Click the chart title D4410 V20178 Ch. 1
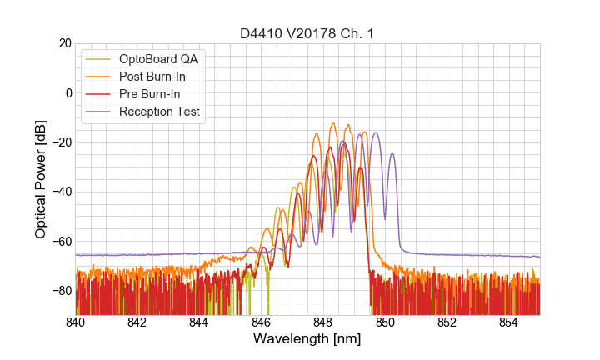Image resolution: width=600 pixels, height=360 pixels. point(307,33)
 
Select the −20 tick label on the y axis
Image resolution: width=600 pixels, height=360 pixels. point(60,142)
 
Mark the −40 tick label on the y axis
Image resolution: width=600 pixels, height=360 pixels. point(60,192)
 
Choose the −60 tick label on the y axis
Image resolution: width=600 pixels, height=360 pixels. point(60,242)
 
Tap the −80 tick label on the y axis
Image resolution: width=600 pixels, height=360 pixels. point(60,291)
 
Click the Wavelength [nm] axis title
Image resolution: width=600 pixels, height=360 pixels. point(307,339)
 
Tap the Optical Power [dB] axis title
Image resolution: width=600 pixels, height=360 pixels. point(41,179)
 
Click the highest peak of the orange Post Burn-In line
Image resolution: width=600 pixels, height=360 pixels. point(333,123)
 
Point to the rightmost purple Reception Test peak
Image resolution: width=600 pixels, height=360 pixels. point(392,154)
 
